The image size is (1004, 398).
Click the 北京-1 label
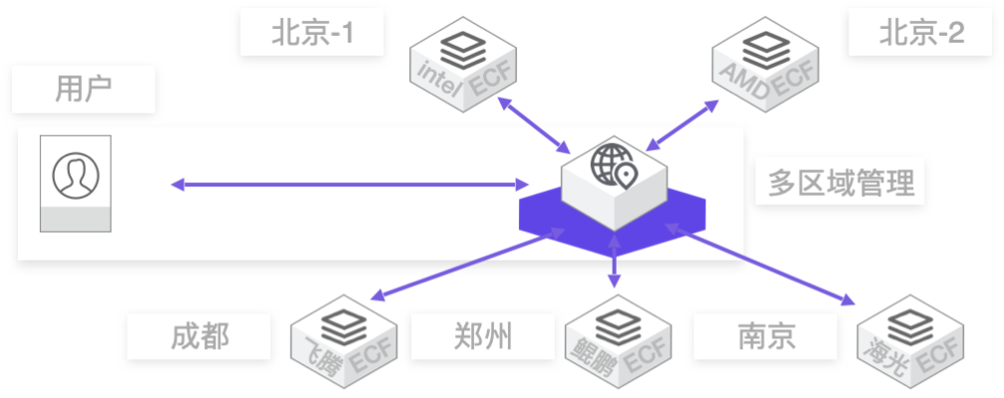[x=312, y=33]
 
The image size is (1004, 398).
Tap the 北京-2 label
[x=921, y=33]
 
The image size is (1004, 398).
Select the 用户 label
[x=84, y=90]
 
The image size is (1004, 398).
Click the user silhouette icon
[x=76, y=176]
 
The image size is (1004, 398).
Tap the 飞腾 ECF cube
[x=344, y=341]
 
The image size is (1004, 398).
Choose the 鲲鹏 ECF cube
[x=618, y=341]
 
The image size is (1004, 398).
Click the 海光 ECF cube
[x=910, y=341]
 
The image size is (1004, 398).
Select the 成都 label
[x=200, y=336]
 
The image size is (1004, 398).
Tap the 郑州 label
[x=483, y=336]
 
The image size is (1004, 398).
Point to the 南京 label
[x=767, y=336]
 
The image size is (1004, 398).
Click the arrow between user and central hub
[x=350, y=185]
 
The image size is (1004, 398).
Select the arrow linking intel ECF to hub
[x=534, y=125]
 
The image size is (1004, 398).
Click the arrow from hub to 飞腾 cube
[x=467, y=264]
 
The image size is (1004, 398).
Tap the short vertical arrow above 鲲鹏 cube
[x=614, y=261]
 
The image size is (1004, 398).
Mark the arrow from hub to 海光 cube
[x=760, y=264]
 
